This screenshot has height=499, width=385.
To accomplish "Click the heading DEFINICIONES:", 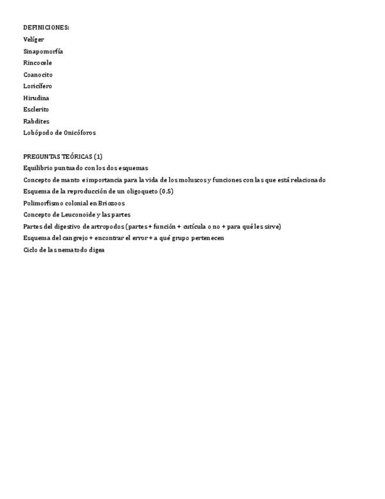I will pyautogui.click(x=46, y=28).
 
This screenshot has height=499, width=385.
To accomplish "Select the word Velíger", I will pyautogui.click(x=34, y=39).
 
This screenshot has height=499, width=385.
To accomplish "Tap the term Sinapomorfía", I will pyautogui.click(x=43, y=51).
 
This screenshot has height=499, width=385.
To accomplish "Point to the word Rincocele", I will pyautogui.click(x=38, y=62).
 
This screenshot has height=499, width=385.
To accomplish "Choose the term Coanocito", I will pyautogui.click(x=38, y=74).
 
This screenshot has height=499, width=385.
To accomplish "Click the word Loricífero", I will pyautogui.click(x=38, y=86).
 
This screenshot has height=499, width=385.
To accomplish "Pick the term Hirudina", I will pyautogui.click(x=36, y=98).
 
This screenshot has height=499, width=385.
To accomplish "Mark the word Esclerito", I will pyautogui.click(x=36, y=109).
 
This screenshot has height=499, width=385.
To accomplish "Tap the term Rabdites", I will pyautogui.click(x=36, y=121).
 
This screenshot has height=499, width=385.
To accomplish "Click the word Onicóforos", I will pyautogui.click(x=80, y=133).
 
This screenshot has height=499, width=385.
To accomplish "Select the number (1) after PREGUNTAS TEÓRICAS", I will pyautogui.click(x=98, y=157).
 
